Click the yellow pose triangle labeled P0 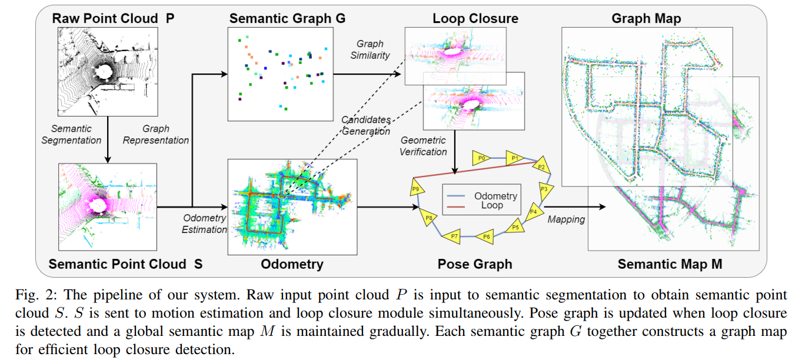481,158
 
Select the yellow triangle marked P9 416,189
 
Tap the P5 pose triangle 515,226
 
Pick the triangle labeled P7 454,236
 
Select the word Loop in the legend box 491,206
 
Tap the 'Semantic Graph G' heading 287,18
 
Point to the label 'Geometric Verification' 423,146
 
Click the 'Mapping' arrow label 566,219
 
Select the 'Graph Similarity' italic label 370,49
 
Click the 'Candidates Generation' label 366,125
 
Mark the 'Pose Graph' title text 474,264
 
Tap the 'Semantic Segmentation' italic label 76,134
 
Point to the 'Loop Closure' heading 475,18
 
